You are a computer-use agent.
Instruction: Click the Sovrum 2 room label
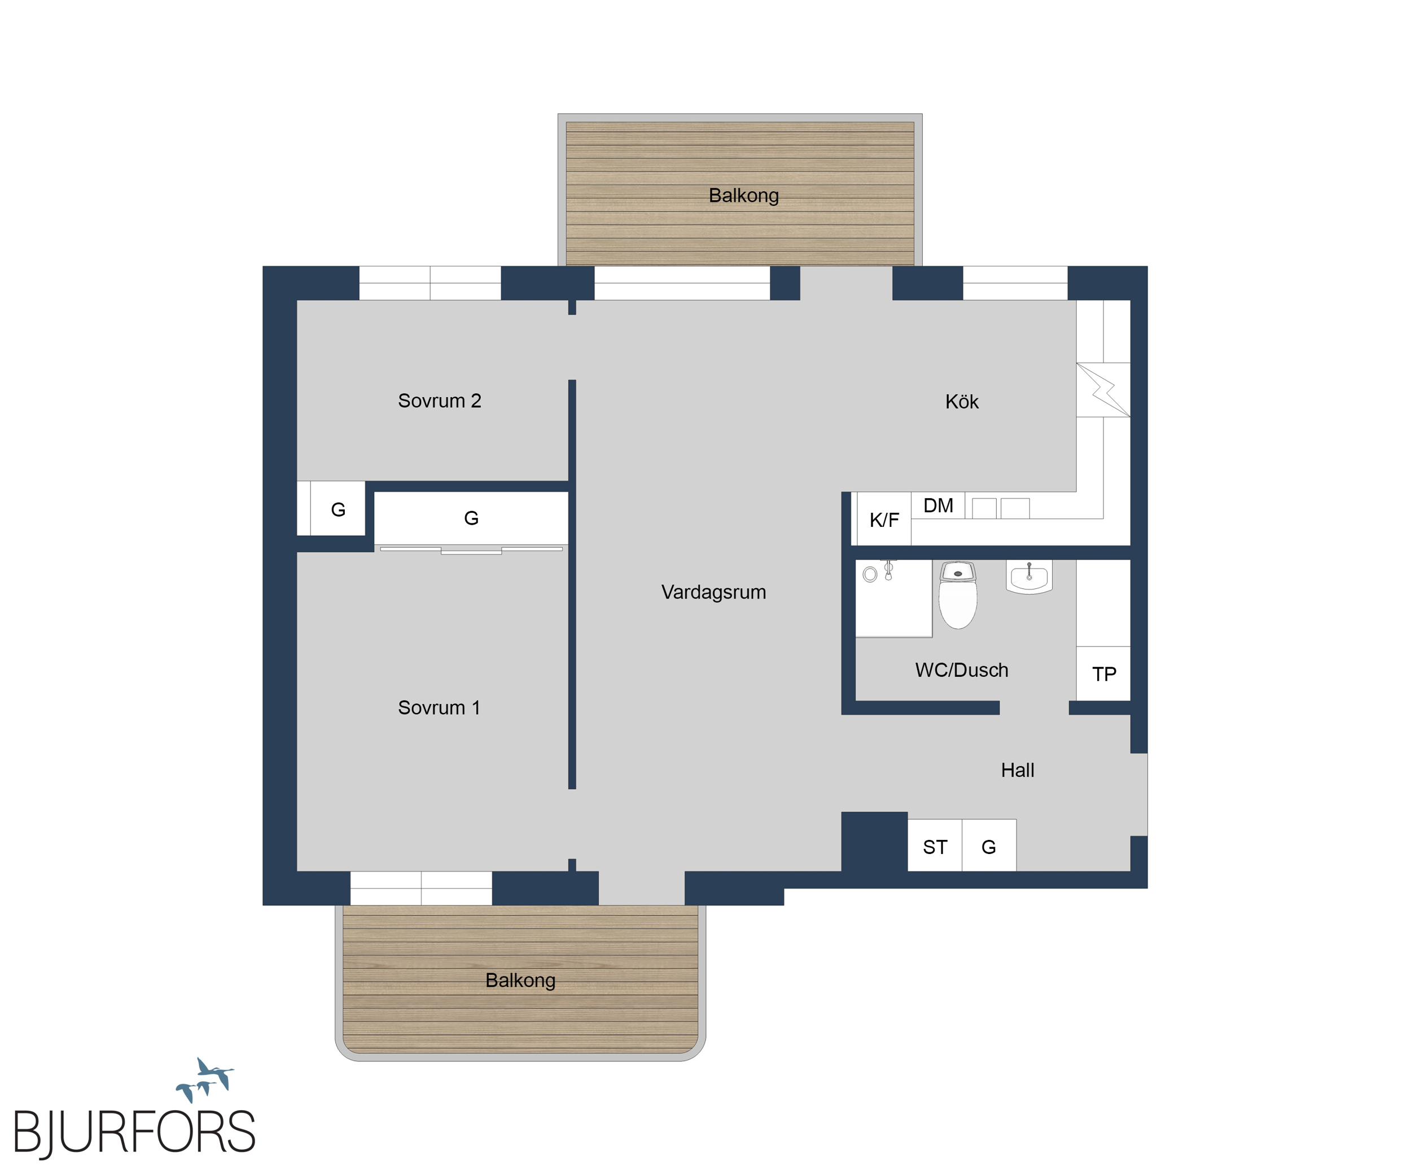(440, 401)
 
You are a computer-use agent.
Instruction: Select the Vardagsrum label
(713, 592)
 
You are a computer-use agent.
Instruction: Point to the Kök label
(962, 402)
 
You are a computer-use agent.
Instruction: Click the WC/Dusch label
(962, 670)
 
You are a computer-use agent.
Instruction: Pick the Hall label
(1017, 770)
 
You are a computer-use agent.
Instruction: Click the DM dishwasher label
(938, 505)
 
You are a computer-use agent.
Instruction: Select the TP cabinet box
(1103, 674)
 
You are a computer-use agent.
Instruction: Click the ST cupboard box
(935, 846)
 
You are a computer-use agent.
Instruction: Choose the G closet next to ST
(989, 846)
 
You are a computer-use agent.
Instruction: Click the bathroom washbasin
(1029, 578)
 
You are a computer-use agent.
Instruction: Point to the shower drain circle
(870, 574)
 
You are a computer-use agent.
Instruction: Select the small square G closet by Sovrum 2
(338, 508)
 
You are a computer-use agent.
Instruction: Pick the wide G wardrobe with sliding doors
(471, 518)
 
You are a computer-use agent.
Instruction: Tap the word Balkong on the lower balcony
(520, 980)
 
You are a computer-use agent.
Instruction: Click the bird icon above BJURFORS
(205, 1079)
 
